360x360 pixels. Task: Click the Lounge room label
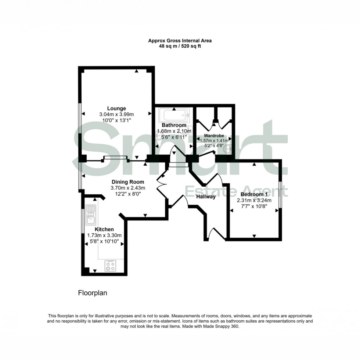click(116, 108)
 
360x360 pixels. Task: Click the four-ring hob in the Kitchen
click(111, 265)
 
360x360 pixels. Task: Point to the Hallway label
click(206, 197)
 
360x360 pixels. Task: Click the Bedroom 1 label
click(253, 194)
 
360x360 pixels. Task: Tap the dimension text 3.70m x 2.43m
click(127, 188)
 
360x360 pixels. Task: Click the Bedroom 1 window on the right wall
click(280, 195)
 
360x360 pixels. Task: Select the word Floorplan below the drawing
click(92, 293)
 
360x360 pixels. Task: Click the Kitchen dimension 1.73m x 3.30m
click(104, 235)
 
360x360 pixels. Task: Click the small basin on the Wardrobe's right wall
click(229, 148)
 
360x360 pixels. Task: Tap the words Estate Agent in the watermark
click(235, 191)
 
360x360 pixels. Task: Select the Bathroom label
click(172, 125)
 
